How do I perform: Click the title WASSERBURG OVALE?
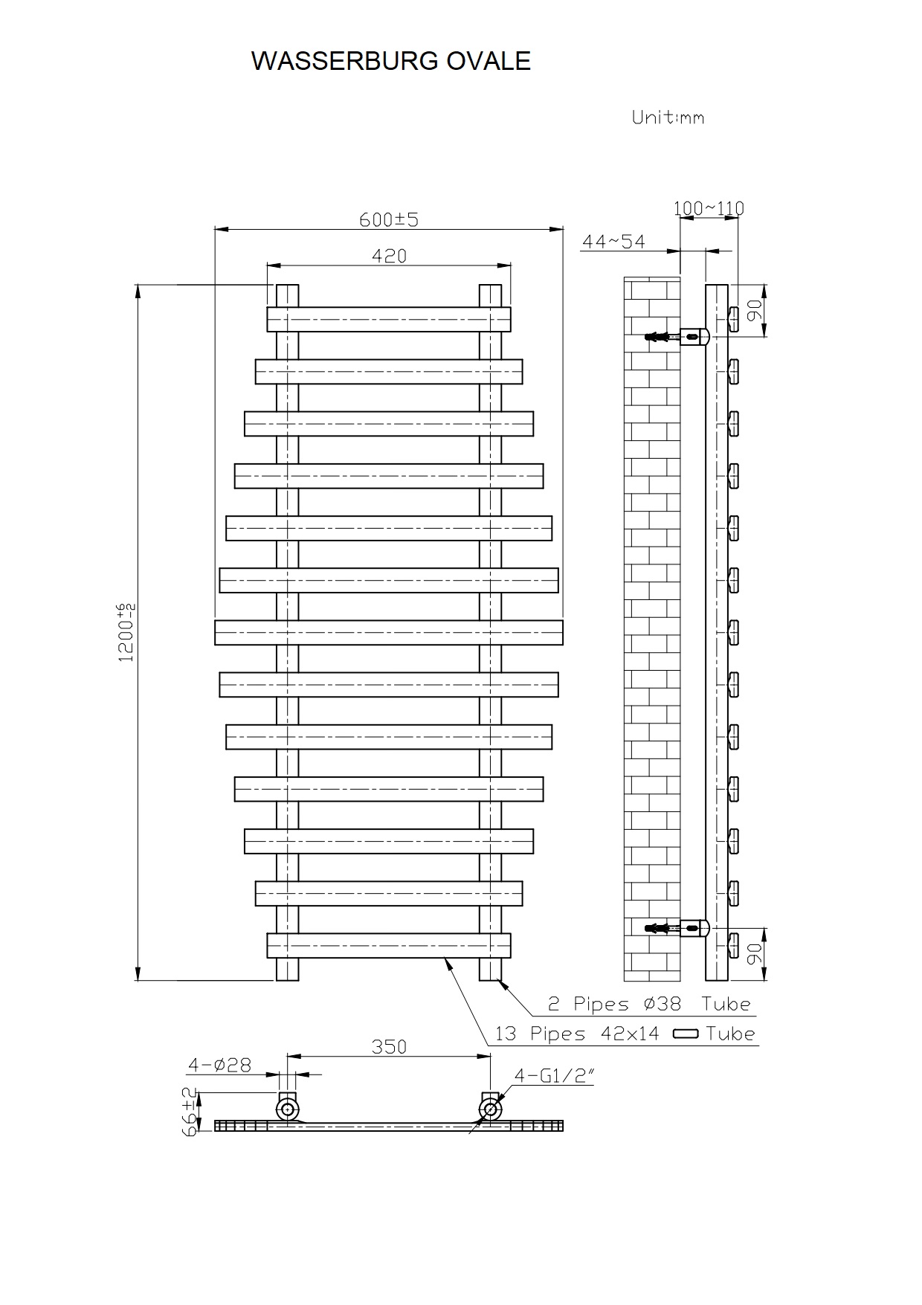click(391, 61)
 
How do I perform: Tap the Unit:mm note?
click(667, 117)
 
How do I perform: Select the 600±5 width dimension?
click(389, 219)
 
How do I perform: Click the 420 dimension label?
click(389, 256)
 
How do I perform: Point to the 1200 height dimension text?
click(126, 632)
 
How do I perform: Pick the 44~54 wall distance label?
click(613, 242)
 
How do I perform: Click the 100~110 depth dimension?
click(709, 208)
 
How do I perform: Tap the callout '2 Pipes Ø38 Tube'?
click(649, 1004)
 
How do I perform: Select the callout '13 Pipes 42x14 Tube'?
click(625, 1034)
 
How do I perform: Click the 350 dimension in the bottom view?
click(389, 1046)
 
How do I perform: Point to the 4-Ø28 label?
click(219, 1065)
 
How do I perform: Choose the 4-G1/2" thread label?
click(554, 1075)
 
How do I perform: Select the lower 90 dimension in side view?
click(755, 954)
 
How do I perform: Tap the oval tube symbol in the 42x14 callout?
click(685, 1034)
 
